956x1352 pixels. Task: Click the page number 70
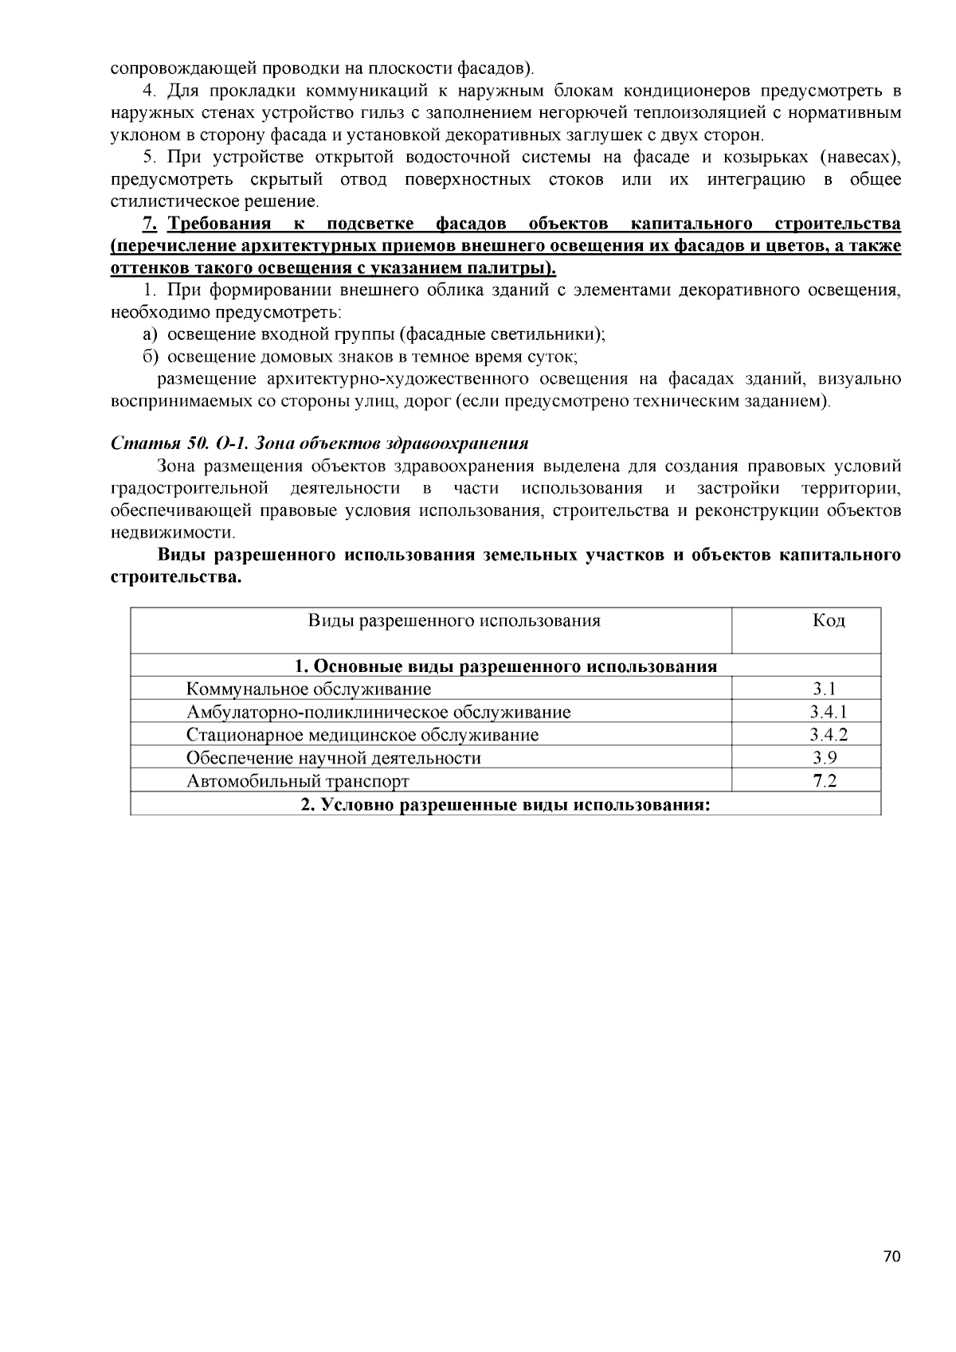click(x=891, y=1256)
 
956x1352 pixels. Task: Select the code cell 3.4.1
click(x=828, y=712)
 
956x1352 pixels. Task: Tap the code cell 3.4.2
click(x=828, y=735)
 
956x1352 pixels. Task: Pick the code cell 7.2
click(x=825, y=781)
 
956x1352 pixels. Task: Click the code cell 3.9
click(x=825, y=758)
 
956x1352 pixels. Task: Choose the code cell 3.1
click(x=825, y=689)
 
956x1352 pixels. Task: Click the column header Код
click(x=829, y=620)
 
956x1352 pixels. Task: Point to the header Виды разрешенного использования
click(x=454, y=620)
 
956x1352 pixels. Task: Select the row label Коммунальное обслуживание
click(x=308, y=689)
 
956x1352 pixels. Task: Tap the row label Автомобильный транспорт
click(x=297, y=781)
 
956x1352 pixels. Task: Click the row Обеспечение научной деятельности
click(x=333, y=758)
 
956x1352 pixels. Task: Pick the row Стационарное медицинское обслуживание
click(x=362, y=735)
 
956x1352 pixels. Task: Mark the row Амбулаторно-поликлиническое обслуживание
click(x=378, y=712)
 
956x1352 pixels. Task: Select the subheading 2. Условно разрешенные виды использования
click(x=505, y=804)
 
